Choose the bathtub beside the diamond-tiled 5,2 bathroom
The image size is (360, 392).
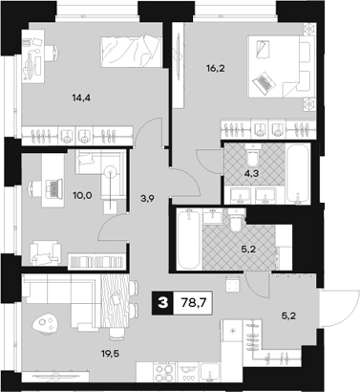click(x=187, y=245)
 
